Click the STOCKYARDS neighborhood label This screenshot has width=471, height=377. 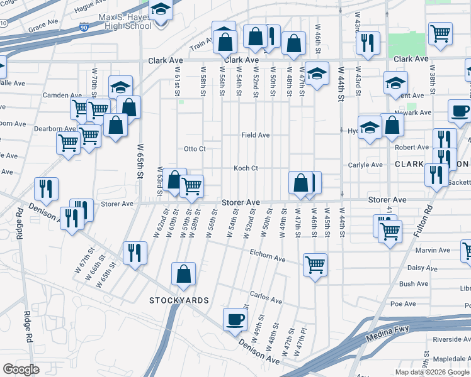click(x=179, y=300)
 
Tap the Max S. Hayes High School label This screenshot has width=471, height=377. click(x=125, y=21)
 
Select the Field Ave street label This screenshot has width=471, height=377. click(x=256, y=135)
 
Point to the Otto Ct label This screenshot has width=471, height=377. click(x=195, y=149)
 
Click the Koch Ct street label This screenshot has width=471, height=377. click(x=246, y=168)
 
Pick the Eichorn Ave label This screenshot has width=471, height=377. click(x=268, y=259)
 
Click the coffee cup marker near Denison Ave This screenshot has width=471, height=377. click(x=235, y=319)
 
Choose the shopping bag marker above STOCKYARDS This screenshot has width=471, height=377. click(x=183, y=274)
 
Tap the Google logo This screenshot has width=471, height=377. click(x=21, y=369)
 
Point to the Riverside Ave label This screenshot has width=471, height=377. click(x=451, y=339)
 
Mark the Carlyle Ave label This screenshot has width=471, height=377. click(x=366, y=165)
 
